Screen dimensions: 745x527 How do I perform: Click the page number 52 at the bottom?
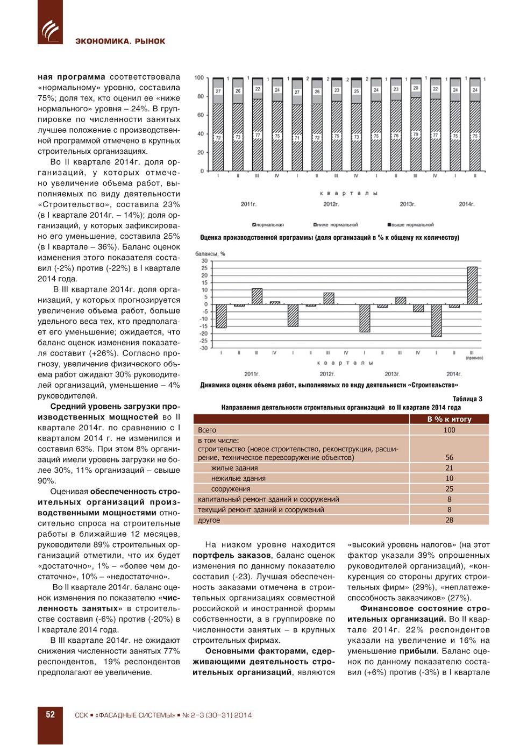coord(50,715)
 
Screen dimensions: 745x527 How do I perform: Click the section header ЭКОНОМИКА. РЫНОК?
coord(120,41)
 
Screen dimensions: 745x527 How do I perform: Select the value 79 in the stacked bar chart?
coord(416,134)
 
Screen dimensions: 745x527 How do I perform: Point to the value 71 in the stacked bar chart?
coord(297,138)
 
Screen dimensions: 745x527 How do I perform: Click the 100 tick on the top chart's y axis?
coord(199,78)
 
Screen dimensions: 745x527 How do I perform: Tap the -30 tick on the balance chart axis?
coord(204,348)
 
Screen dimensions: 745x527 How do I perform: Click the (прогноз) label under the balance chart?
coord(474,358)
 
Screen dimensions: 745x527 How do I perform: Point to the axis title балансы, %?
coord(210,253)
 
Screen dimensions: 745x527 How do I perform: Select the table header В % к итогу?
coord(449,419)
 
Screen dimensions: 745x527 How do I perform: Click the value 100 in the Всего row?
coord(449,430)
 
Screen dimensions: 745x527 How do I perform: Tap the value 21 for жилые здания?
coord(449,468)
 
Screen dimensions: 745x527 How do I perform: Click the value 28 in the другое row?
coord(449,520)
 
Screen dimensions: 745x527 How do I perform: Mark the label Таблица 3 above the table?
coord(467,399)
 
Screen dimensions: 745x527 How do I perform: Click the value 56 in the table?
coord(449,457)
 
